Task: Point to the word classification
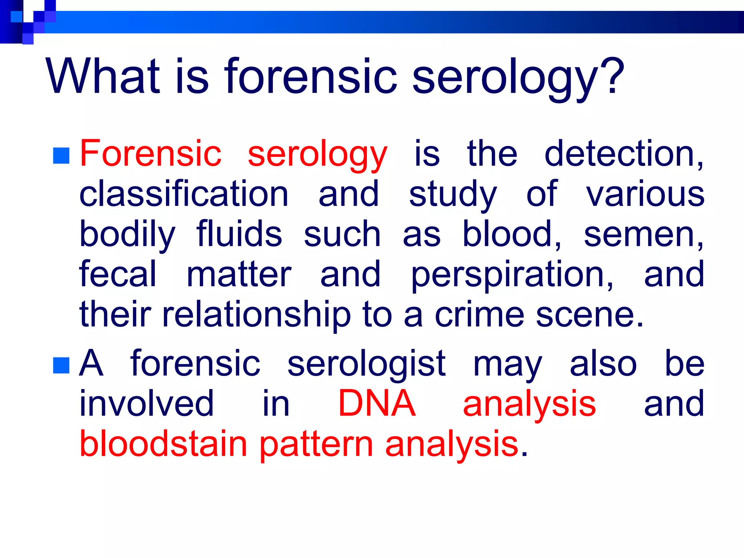pos(184,194)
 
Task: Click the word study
pos(453,195)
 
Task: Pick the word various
pos(645,195)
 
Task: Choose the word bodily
pos(128,235)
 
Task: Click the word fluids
pos(239,234)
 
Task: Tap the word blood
pos(510,234)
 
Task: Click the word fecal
pos(118,274)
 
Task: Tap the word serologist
pos(366,364)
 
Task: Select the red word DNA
pos(377,403)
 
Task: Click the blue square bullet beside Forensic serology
pos(61,155)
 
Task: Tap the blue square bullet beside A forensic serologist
pos(61,365)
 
